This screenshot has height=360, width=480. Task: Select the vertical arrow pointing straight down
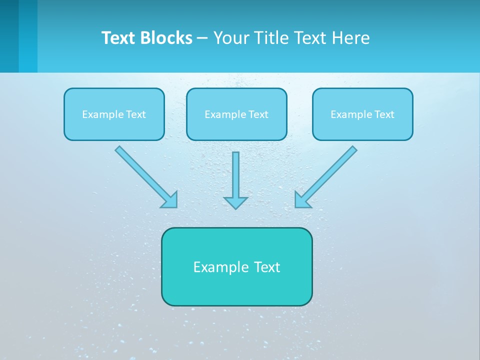click(235, 175)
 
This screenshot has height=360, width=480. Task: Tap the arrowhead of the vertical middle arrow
click(235, 202)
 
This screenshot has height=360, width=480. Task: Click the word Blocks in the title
click(167, 38)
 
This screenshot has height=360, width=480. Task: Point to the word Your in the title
click(231, 38)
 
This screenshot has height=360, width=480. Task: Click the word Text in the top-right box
click(384, 114)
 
